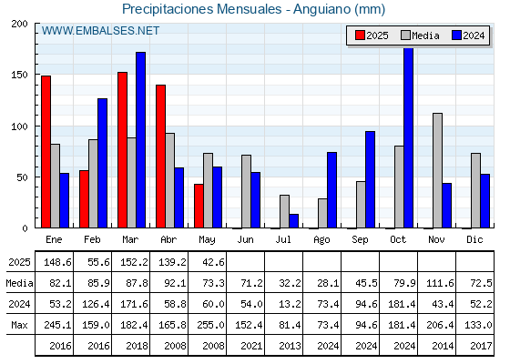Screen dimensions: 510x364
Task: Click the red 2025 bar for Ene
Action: coord(46,152)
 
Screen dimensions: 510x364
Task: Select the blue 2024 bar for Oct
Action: coord(409,137)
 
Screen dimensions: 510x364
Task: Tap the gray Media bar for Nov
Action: coord(437,171)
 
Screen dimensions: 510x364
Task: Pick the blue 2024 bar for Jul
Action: coord(293,221)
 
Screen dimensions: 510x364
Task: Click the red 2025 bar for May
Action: coord(199,206)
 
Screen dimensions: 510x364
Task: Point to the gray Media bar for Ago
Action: coord(322,213)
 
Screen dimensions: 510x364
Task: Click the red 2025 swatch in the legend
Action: coord(360,35)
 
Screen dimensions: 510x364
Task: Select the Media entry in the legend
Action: coord(420,35)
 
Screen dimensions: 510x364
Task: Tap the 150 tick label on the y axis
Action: coord(19,75)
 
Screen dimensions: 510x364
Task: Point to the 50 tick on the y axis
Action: coord(23,177)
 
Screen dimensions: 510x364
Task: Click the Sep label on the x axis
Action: coord(360,240)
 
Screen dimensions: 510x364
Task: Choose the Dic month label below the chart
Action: coord(474,239)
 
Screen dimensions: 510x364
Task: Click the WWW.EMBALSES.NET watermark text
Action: coord(100,31)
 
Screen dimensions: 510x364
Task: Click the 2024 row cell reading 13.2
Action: coord(290,304)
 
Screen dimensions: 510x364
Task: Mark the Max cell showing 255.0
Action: coord(210,325)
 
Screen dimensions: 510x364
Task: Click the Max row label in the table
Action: coord(19,325)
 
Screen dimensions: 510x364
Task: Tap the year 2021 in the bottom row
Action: coord(251,346)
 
